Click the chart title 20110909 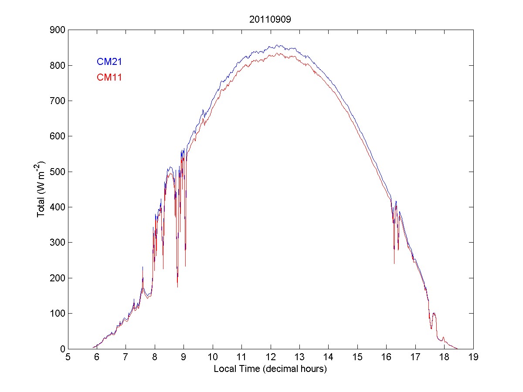(271, 20)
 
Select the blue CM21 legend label (109, 62)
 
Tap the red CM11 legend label (109, 78)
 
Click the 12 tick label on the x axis (271, 358)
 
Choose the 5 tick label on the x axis (68, 358)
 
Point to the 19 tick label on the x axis (473, 358)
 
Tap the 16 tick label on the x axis (387, 358)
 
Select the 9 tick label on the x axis (184, 358)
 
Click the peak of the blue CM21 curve (277, 45)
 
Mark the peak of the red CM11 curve (277, 53)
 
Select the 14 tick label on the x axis (329, 358)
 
